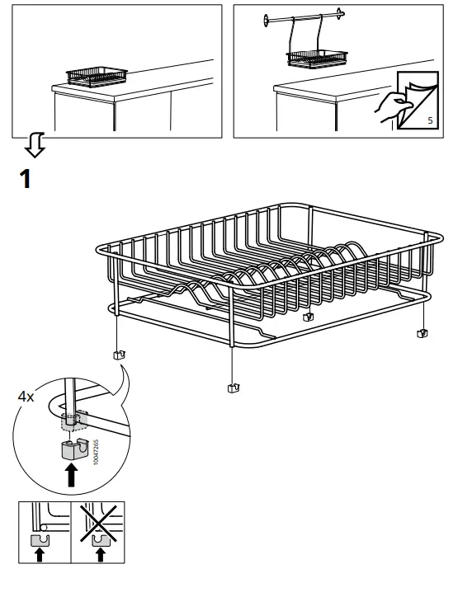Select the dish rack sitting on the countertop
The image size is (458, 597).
coord(94,78)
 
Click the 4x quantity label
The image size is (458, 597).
coord(26,397)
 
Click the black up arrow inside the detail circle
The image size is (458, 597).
coord(73,476)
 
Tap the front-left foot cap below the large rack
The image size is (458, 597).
coord(116,355)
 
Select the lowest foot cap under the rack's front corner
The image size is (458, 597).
coord(233,386)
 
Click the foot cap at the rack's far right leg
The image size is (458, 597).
coord(422,333)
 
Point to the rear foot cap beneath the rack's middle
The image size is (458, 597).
coord(309,317)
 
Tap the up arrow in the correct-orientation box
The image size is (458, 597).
coord(38,556)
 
